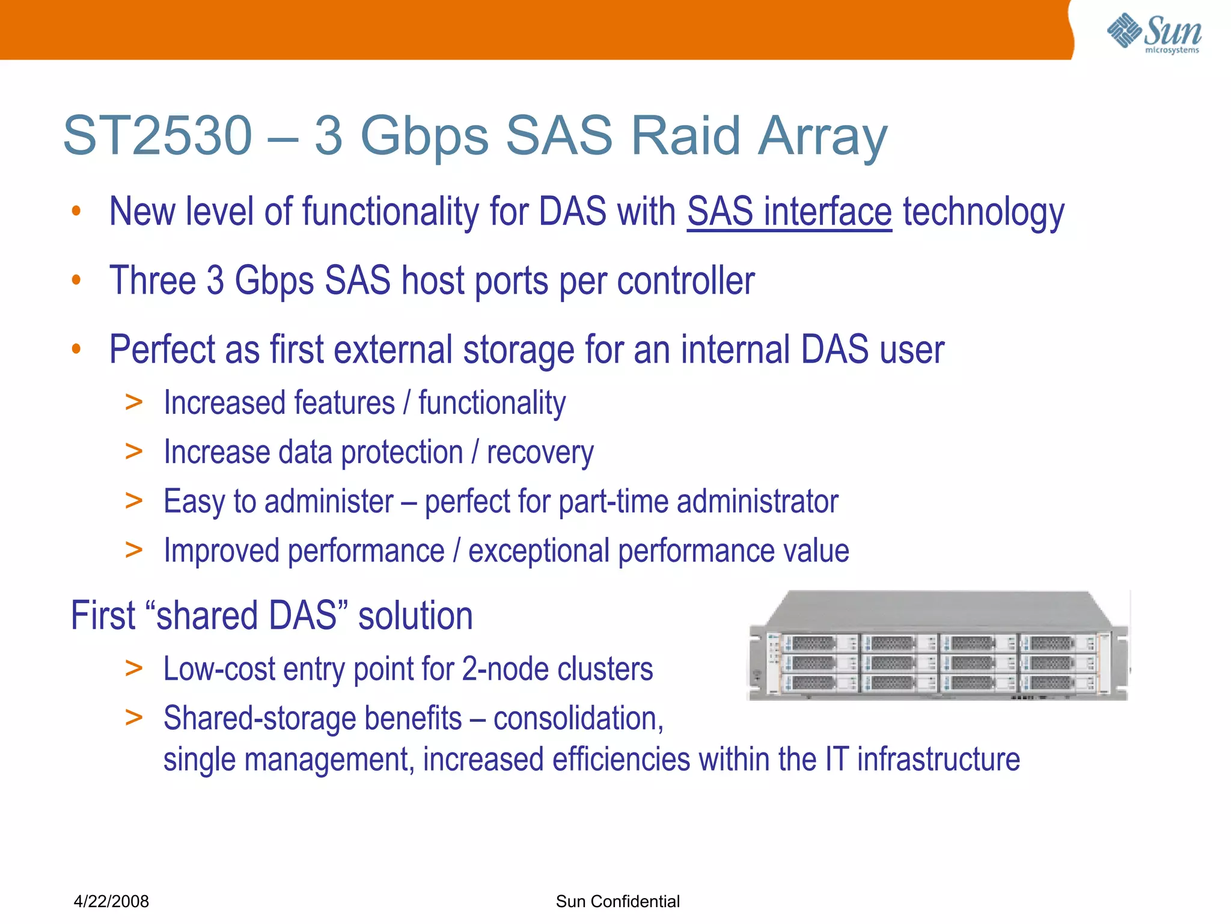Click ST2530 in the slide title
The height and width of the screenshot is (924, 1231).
pos(157,136)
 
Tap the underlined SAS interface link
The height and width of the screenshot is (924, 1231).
pos(789,212)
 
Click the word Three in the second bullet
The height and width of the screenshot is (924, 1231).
pos(153,280)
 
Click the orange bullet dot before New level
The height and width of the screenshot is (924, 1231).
pos(76,211)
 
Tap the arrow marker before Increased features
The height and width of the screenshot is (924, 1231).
pos(133,402)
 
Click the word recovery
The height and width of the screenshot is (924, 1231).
pos(540,452)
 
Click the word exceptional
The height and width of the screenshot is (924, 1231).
pos(539,551)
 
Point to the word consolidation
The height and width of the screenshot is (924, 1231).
pos(578,718)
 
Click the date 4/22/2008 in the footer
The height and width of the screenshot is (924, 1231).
pos(111,901)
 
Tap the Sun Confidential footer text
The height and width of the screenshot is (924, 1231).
pos(617,901)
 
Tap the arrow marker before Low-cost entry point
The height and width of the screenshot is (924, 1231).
pos(133,668)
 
